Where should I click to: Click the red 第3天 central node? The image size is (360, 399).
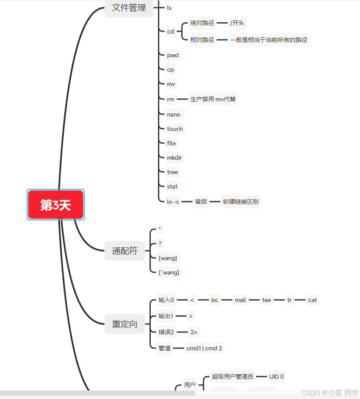click(55, 205)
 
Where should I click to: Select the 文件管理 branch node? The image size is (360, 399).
click(129, 8)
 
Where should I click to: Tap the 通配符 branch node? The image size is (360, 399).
click(125, 251)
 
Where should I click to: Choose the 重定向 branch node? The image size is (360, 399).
click(125, 324)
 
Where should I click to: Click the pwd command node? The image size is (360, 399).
click(172, 55)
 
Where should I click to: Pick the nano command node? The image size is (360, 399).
click(174, 114)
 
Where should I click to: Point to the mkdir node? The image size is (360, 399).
click(175, 158)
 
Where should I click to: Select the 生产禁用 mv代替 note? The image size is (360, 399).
click(213, 99)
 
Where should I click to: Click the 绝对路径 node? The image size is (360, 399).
click(202, 23)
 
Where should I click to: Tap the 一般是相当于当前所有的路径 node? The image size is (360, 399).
click(269, 40)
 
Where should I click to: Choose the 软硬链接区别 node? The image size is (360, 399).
click(240, 202)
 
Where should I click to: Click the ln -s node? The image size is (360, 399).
click(173, 202)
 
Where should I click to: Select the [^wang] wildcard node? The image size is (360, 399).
click(169, 272)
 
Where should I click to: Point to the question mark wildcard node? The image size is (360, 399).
click(160, 244)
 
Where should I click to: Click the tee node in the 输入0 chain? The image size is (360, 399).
click(266, 300)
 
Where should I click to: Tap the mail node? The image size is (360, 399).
click(240, 300)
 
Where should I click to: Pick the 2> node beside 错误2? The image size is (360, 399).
click(194, 332)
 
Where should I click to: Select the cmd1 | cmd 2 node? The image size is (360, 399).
click(204, 348)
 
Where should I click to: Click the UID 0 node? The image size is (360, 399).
click(277, 376)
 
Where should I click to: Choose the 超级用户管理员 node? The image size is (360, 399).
click(232, 376)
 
